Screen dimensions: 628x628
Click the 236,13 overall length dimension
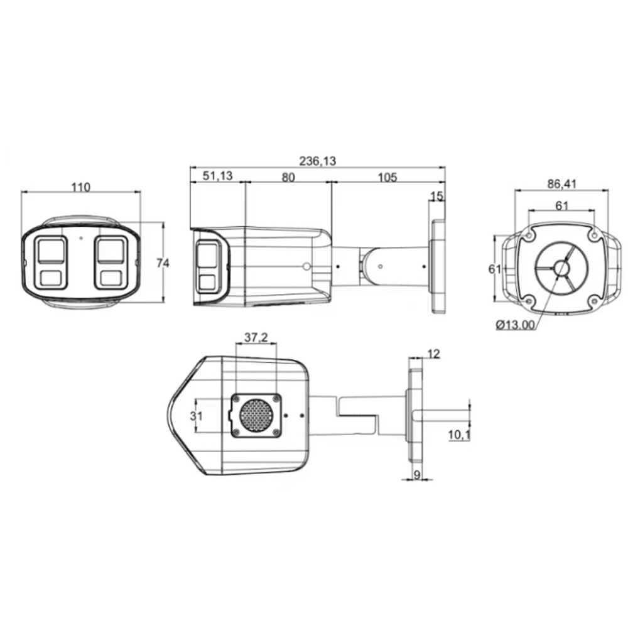(318, 161)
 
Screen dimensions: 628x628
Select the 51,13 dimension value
(217, 175)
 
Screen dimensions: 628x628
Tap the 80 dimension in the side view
(288, 177)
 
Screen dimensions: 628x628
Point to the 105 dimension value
(387, 177)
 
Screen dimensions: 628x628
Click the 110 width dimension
(80, 187)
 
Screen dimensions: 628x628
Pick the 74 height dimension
(163, 263)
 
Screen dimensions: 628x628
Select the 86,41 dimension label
(561, 184)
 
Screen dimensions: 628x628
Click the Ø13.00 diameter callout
(516, 325)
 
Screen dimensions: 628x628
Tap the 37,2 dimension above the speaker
(256, 338)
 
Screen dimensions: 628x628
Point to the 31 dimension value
(196, 416)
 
